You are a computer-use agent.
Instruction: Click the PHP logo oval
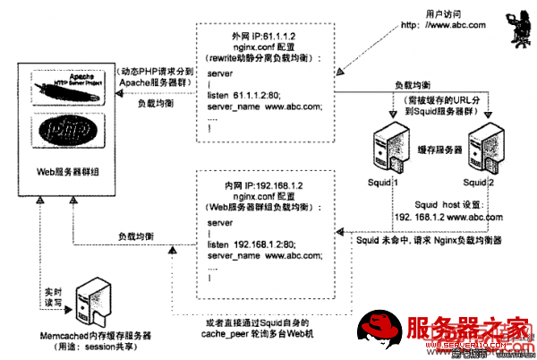68,133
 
